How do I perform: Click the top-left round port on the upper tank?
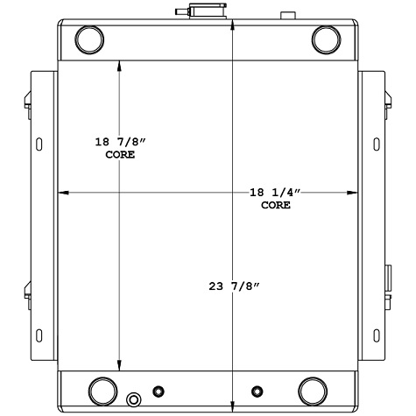click(x=89, y=39)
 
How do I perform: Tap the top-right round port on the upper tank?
click(x=327, y=39)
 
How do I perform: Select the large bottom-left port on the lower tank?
click(x=102, y=388)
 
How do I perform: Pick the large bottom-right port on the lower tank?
click(x=313, y=388)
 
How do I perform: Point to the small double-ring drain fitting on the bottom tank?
click(x=134, y=400)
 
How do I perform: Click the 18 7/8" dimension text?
click(x=120, y=141)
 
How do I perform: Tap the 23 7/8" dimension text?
click(x=233, y=286)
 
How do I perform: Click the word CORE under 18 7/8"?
click(x=120, y=154)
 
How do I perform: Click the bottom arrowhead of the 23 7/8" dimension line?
click(x=232, y=404)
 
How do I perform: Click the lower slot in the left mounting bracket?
click(x=38, y=333)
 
